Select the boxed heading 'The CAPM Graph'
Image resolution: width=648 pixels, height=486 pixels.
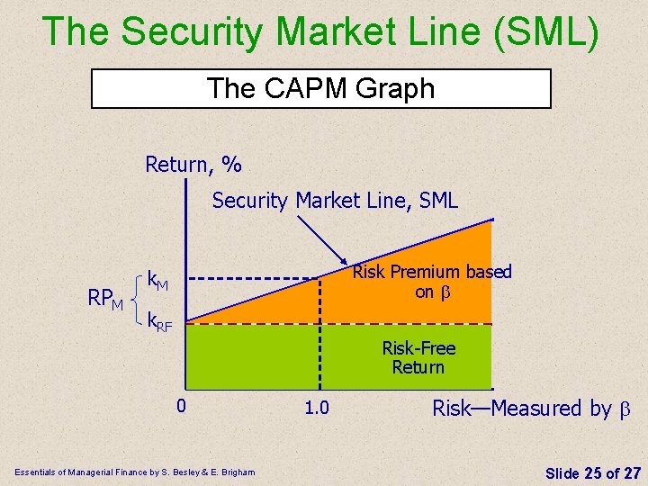pos(320,88)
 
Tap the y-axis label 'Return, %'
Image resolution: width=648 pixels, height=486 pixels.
pos(193,165)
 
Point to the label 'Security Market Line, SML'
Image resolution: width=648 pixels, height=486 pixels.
pos(335,201)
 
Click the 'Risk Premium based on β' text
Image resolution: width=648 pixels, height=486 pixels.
pos(431,281)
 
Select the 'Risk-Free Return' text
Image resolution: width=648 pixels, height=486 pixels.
pos(418,357)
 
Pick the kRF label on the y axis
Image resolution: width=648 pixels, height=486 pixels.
pos(159,320)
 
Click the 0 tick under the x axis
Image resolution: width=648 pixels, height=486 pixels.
pos(181,406)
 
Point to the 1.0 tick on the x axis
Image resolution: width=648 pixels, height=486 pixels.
pos(316,409)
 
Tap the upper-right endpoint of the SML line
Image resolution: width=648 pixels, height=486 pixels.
pos(492,220)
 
